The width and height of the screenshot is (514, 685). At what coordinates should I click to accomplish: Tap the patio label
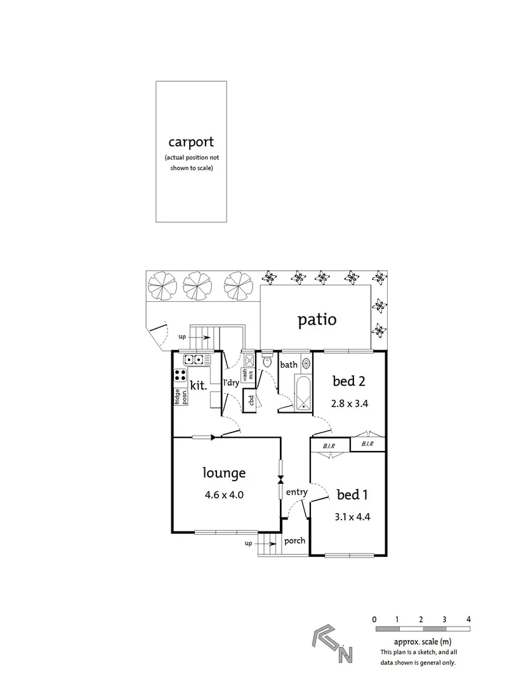click(317, 319)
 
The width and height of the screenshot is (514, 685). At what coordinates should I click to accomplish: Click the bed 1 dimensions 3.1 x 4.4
click(352, 516)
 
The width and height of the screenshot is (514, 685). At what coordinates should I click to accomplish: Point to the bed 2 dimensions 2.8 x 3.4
click(351, 403)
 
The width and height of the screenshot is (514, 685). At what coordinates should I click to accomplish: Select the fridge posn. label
click(181, 396)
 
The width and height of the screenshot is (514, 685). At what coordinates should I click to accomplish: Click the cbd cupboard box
click(251, 401)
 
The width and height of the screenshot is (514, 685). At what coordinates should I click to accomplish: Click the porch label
click(294, 541)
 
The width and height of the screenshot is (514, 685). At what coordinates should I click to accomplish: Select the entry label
click(296, 492)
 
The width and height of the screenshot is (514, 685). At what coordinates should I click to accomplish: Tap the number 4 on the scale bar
click(468, 618)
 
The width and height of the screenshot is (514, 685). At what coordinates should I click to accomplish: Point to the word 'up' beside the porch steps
click(247, 544)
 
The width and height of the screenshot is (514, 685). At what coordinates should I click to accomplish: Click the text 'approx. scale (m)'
click(422, 642)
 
